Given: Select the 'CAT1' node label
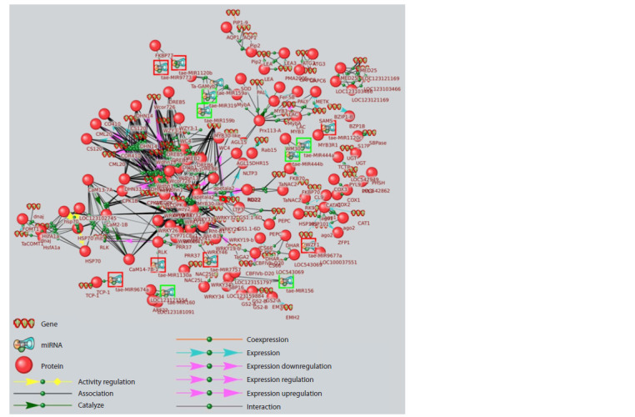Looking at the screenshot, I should click(363, 224).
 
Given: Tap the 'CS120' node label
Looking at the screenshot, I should click(94, 148).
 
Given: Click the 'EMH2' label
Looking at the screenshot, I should click(292, 317).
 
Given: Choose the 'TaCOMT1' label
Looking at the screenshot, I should click(32, 244).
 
